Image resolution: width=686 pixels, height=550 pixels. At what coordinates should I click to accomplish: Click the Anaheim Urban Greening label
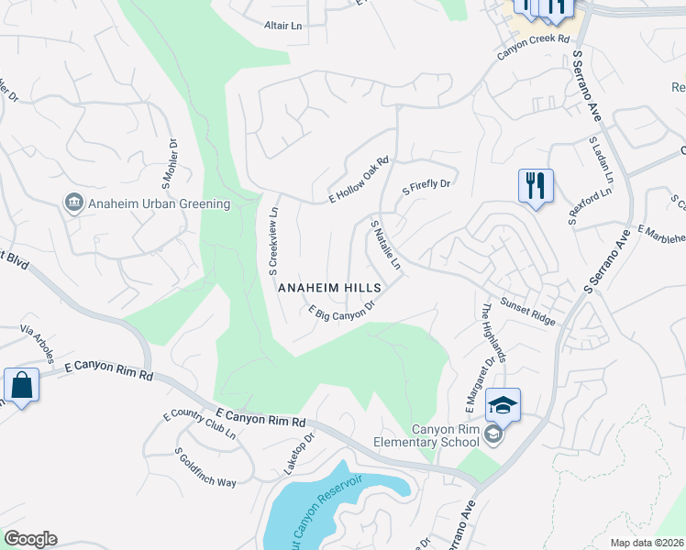click(159, 203)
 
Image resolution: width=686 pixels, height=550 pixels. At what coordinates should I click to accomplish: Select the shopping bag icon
click(21, 386)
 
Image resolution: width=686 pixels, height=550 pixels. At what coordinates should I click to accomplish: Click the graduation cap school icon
click(503, 404)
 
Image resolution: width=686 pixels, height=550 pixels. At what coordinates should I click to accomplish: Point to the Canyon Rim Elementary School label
click(445, 436)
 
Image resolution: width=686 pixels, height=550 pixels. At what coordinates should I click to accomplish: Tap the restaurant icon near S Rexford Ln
click(534, 186)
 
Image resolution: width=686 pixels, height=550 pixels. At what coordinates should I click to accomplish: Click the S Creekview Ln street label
click(273, 241)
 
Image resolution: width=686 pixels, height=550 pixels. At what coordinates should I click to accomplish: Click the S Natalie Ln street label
click(386, 245)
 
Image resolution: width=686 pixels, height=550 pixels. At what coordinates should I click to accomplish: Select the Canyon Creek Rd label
click(534, 46)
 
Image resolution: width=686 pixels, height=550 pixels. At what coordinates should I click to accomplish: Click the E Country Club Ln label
click(199, 426)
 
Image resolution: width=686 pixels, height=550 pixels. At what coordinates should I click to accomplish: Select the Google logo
click(30, 539)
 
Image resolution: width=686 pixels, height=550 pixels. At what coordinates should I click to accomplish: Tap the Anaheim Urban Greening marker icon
click(72, 203)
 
